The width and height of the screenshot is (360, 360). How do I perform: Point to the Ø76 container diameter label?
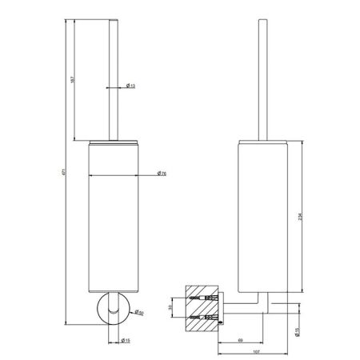click(161, 174)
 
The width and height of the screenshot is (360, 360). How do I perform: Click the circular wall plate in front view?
click(110, 307)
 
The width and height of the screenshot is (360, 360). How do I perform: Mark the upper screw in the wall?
click(206, 296)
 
